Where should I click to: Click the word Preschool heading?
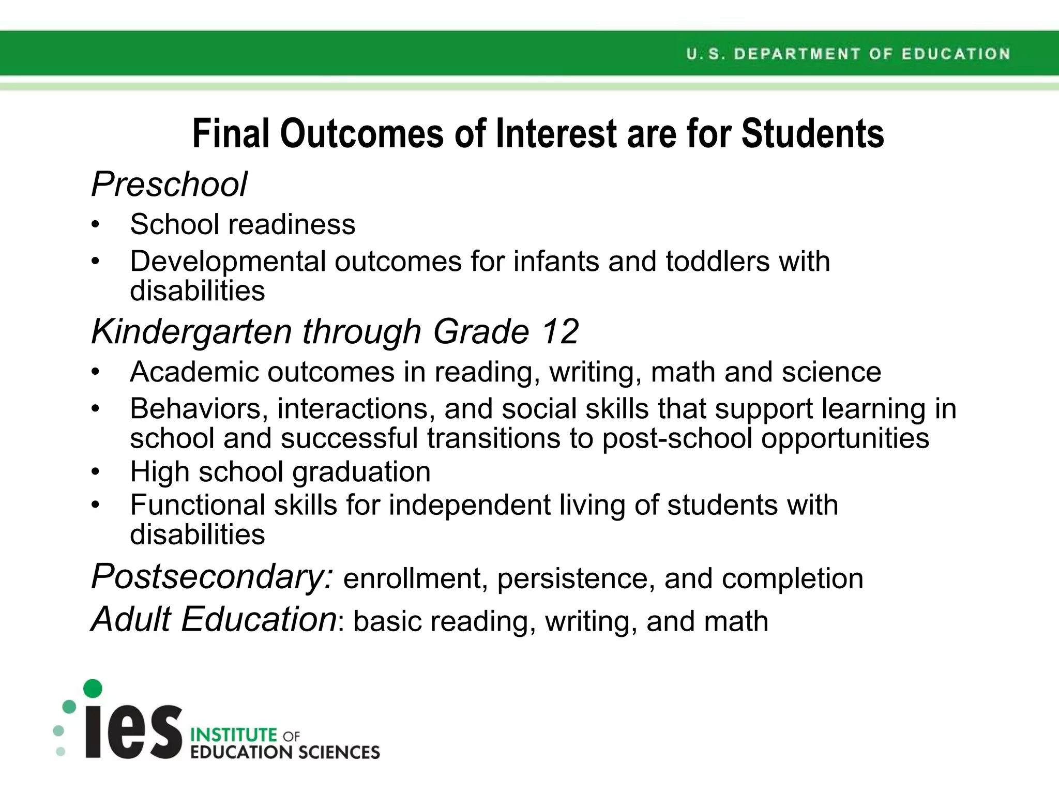point(169,185)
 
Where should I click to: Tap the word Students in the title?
point(812,133)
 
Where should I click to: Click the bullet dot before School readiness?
point(95,225)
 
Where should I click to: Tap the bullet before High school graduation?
point(95,472)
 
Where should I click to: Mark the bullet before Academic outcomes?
point(95,372)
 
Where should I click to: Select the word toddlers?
point(718,261)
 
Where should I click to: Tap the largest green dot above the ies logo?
point(93,688)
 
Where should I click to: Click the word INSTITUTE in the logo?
point(234,735)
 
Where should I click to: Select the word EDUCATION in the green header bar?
point(956,54)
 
